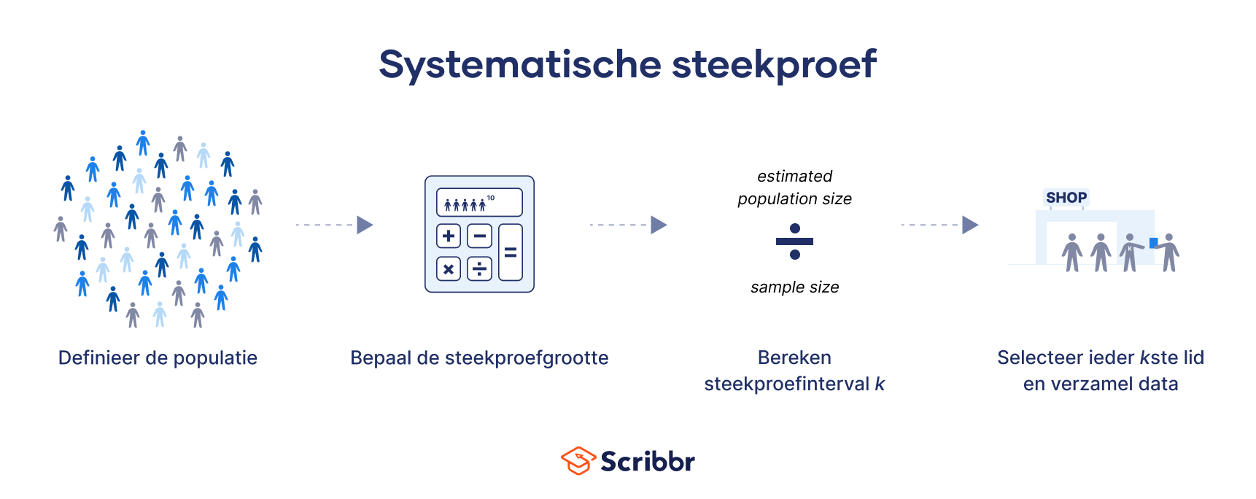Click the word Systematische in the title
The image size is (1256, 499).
[519, 65]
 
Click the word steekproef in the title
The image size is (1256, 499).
[774, 65]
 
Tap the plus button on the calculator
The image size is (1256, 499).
[449, 236]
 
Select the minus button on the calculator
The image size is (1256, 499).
[479, 236]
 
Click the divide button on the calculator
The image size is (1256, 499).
[479, 269]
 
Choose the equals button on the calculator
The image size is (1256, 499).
[511, 252]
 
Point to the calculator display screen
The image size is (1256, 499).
[479, 202]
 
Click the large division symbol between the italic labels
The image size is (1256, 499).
[795, 241]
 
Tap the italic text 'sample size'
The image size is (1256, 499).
[795, 287]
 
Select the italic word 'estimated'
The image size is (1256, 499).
[795, 176]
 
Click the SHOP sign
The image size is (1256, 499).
[1066, 197]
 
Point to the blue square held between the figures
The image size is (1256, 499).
[1153, 242]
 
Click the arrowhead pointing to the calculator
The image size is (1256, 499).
[365, 225]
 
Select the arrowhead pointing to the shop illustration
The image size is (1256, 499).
[970, 225]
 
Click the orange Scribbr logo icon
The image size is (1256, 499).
[578, 461]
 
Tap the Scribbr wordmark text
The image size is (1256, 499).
[648, 461]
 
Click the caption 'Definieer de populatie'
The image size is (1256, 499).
[158, 358]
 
